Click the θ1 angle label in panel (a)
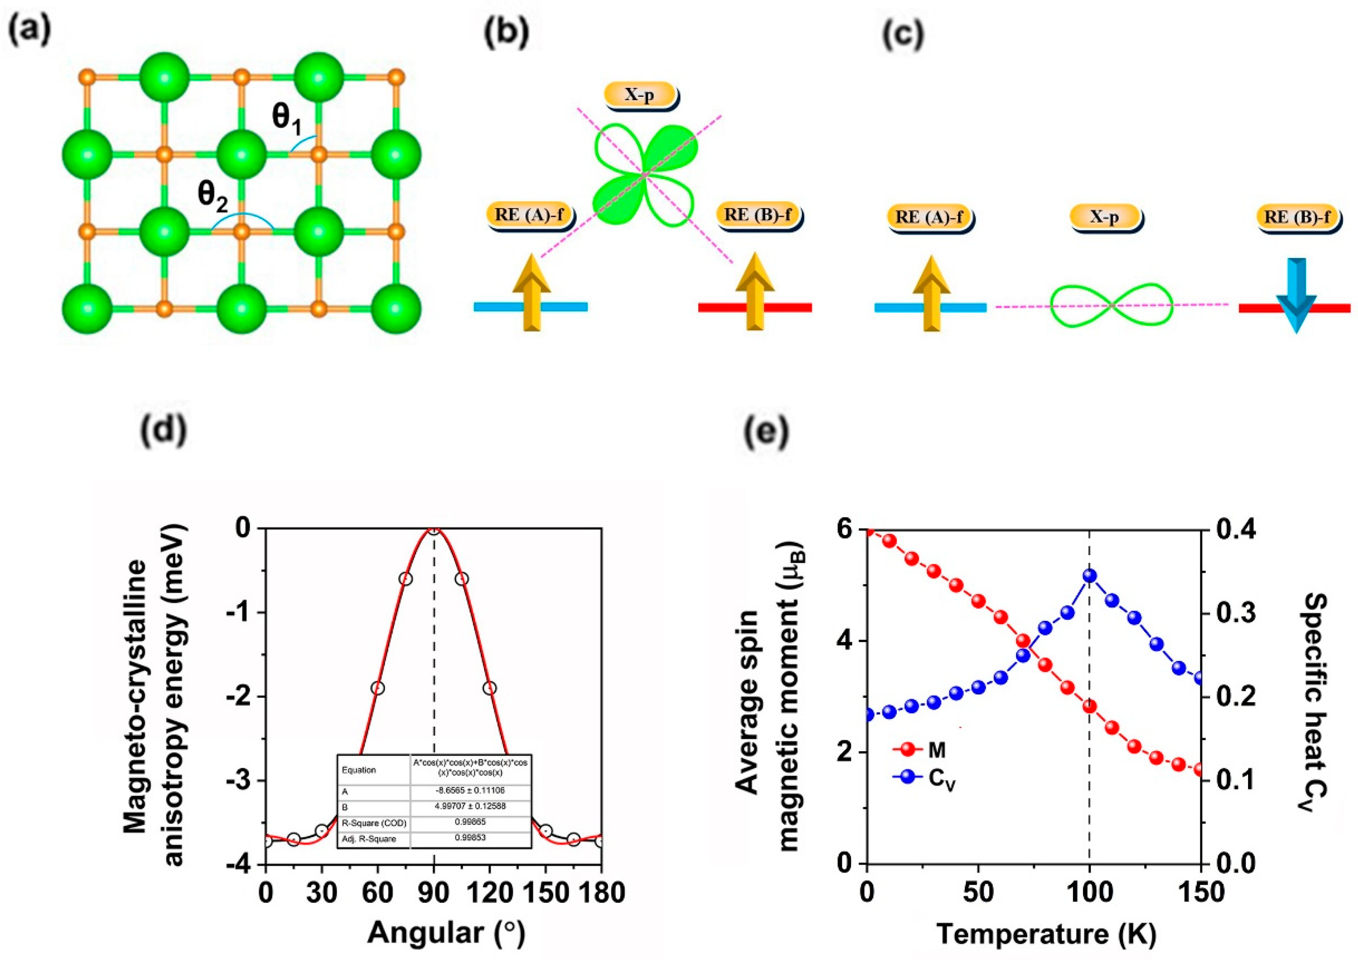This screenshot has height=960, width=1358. coord(287,119)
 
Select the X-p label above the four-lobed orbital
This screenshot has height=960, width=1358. coord(640,95)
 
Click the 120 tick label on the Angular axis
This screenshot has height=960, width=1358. coord(489,891)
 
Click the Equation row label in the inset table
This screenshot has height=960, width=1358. coord(359,770)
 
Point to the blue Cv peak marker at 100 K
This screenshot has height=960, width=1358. coord(1090,576)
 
